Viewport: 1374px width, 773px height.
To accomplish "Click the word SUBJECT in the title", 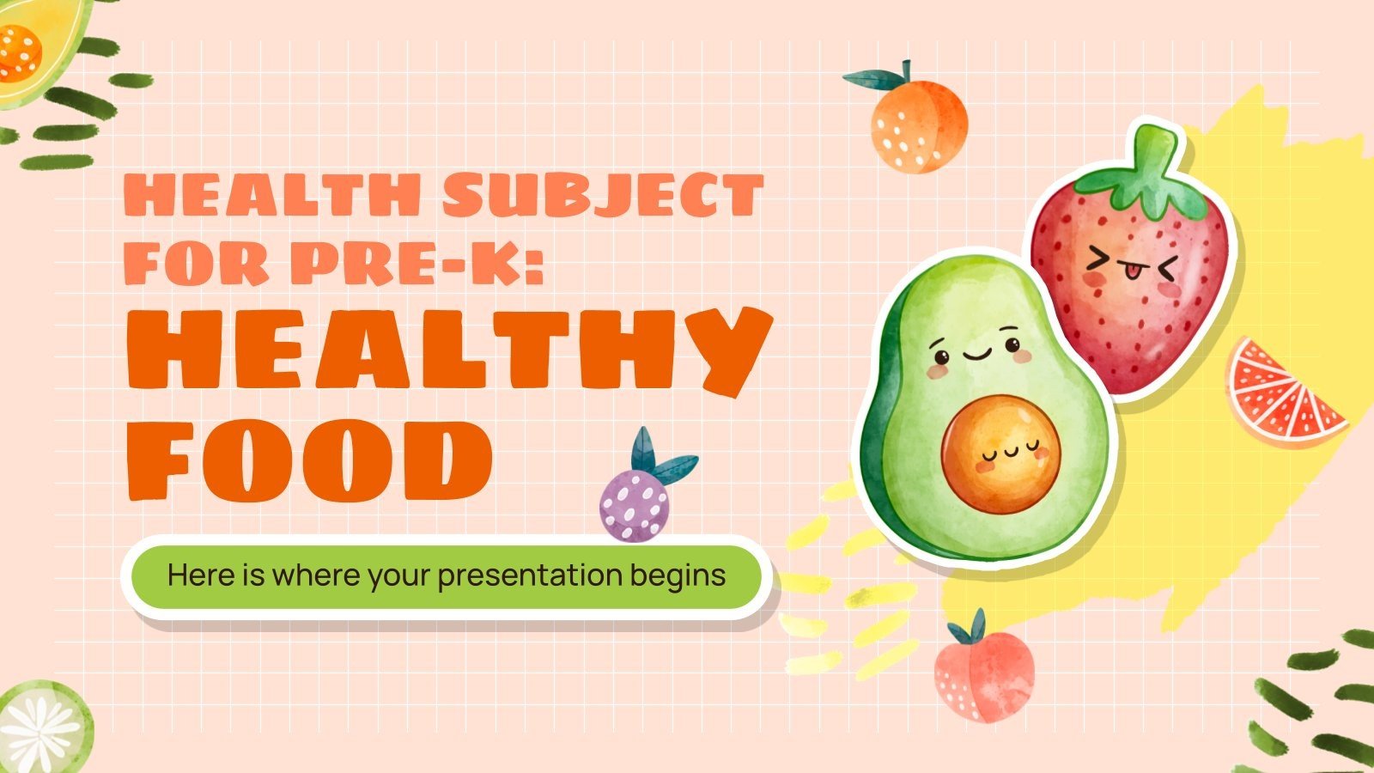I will point(603,196).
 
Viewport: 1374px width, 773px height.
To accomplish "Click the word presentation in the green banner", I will point(531,575).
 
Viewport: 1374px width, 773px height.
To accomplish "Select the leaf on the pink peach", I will point(976,626).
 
